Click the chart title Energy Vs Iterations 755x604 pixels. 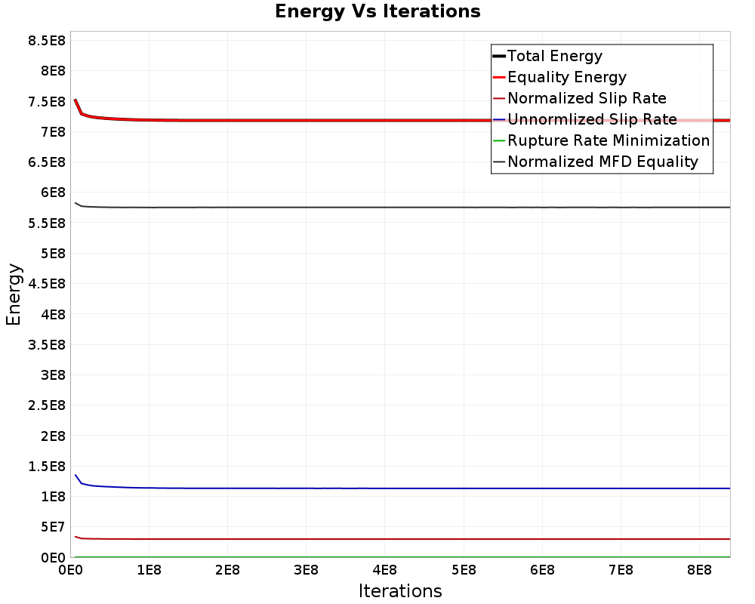point(377,12)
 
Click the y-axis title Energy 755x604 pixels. point(14,294)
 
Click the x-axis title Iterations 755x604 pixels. point(400,590)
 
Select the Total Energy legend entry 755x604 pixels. point(555,56)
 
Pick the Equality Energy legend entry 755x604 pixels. point(567,77)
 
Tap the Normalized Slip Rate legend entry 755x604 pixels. point(587,98)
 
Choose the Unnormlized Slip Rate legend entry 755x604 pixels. point(592,119)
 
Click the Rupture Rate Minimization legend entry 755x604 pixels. point(609,140)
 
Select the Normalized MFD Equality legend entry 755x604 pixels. point(602,162)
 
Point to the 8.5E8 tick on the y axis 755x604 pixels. point(46,41)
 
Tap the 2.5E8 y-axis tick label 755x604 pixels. point(46,405)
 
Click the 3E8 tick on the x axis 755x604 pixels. point(306,568)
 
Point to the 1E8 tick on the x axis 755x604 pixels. point(149,568)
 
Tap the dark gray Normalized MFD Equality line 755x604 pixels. point(377,207)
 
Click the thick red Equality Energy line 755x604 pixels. point(377,120)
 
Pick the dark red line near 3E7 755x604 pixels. point(377,539)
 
